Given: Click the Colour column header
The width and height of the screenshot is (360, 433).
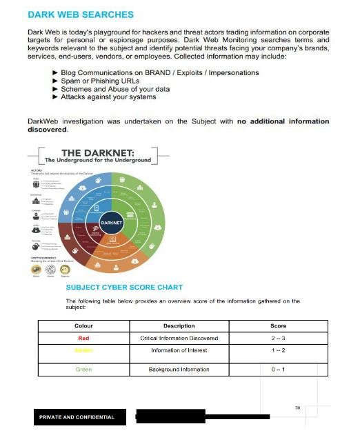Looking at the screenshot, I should pos(83,325).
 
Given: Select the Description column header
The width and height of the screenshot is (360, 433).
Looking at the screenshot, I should pos(179,325).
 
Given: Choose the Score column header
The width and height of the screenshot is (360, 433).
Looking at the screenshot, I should pos(278,325).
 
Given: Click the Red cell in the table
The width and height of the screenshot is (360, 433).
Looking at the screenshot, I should pos(83,338).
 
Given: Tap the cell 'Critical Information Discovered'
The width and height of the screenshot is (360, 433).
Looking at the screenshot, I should pos(179,338).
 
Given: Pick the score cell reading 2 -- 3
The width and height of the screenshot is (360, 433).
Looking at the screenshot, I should pos(278,338).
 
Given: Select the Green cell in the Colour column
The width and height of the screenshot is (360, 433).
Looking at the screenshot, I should pos(83,370).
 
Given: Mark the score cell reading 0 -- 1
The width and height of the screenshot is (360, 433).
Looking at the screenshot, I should pos(278,370).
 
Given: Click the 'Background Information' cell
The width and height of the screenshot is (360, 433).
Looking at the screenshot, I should pos(179,370).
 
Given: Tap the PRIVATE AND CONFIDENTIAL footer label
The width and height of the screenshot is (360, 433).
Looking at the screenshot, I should pos(77,417).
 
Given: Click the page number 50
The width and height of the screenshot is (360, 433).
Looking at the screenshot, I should pos(297,408).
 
